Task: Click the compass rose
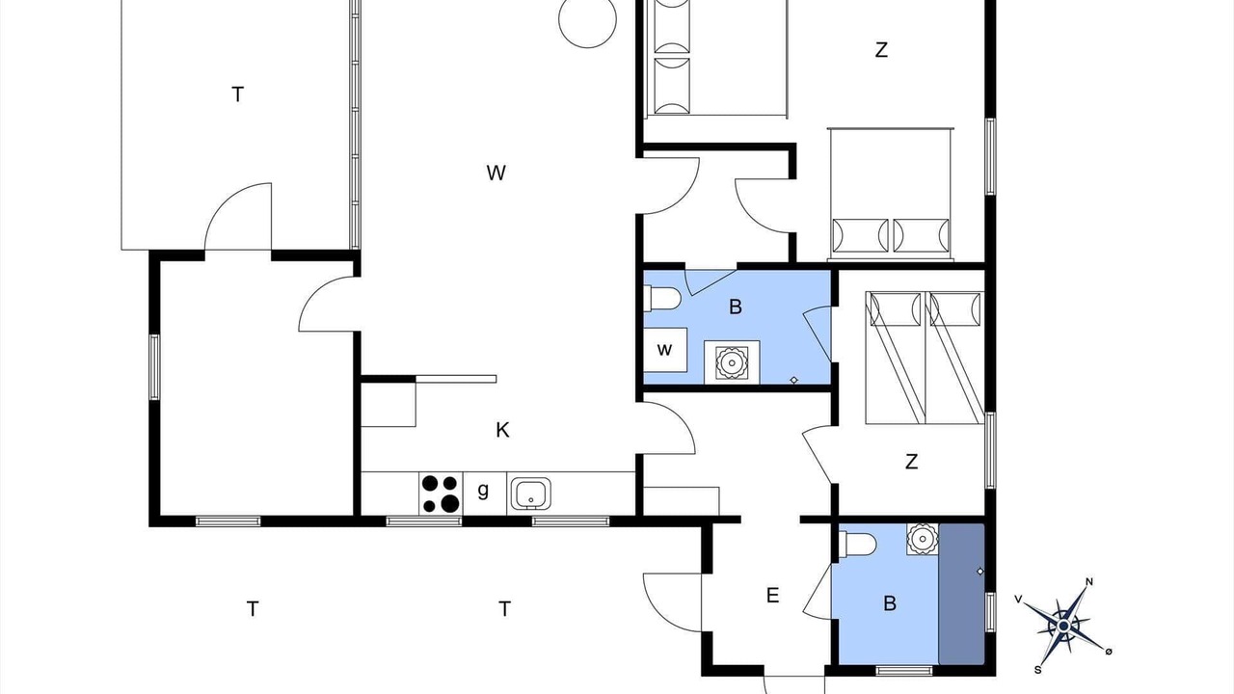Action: point(1063,626)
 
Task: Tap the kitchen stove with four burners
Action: point(441,494)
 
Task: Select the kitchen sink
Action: point(530,494)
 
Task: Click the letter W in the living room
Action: point(496,173)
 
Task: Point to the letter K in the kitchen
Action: point(502,430)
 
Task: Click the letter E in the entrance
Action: point(772,596)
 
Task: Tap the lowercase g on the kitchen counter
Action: point(483,490)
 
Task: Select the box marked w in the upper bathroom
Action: point(665,350)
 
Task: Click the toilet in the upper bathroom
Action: point(662,299)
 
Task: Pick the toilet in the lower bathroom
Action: point(857,545)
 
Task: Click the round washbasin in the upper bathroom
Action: point(732,363)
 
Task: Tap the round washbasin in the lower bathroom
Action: point(923,539)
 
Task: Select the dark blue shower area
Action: point(961,594)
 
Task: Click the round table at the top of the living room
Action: point(587,20)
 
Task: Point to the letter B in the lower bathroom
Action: point(890,603)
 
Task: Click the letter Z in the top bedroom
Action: point(881,50)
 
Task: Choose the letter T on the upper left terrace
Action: point(237,94)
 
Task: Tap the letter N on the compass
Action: point(1089,581)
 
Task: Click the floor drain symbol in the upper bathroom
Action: point(793,380)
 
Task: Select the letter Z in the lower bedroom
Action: point(912,462)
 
